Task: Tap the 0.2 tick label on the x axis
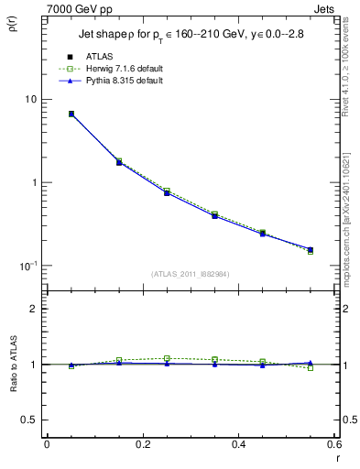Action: (143, 444)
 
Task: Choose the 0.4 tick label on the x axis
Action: (239, 444)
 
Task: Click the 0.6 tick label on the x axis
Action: (334, 444)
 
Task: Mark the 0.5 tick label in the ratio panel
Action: (30, 420)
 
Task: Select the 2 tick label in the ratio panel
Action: (34, 309)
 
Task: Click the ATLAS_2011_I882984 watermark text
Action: (190, 275)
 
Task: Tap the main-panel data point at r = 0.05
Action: (71, 115)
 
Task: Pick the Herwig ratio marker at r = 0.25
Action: (167, 358)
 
